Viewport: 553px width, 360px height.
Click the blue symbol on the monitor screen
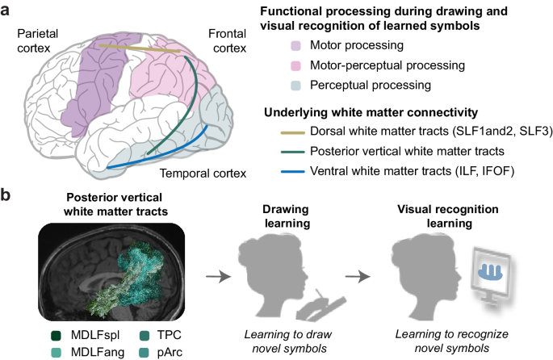(x=492, y=273)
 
